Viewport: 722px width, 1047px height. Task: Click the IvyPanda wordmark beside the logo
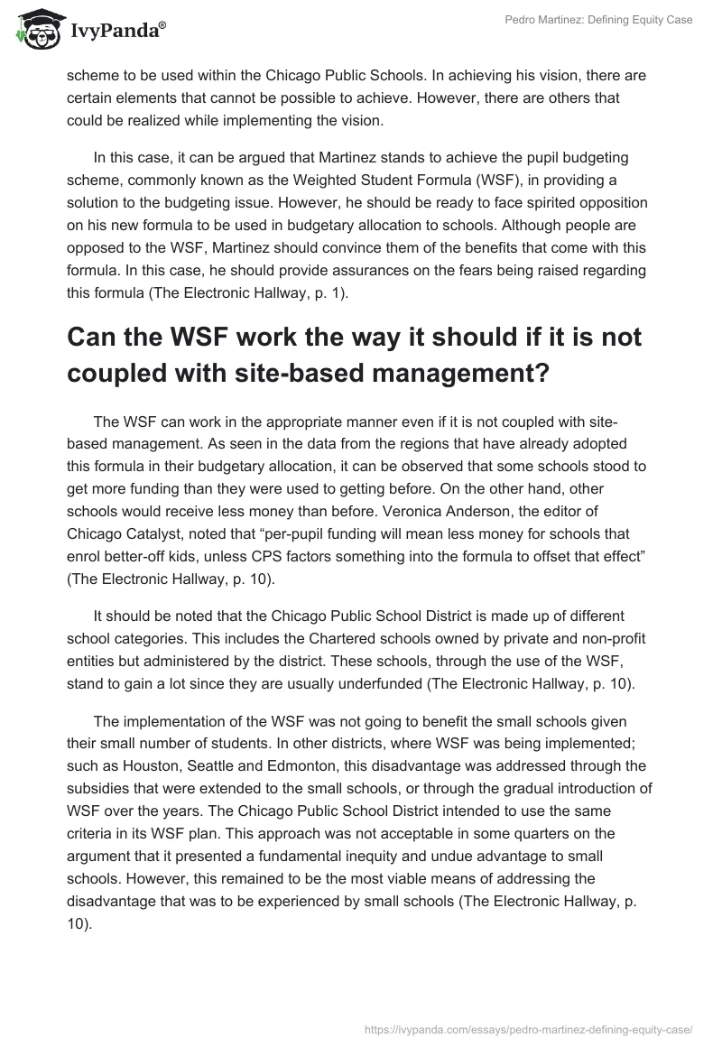[x=116, y=30]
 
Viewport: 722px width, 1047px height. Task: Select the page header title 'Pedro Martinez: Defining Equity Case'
[x=597, y=20]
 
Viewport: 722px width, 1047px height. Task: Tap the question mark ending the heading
[x=541, y=372]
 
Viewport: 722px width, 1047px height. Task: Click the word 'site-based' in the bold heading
[x=267, y=372]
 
